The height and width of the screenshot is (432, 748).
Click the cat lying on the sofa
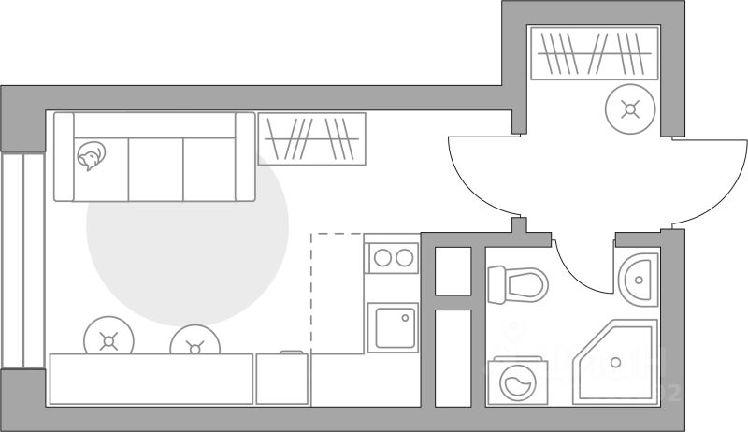point(91,156)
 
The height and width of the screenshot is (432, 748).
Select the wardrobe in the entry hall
point(594,53)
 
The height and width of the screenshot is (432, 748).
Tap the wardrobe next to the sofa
point(311,138)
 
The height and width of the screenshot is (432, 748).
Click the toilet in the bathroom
point(517,283)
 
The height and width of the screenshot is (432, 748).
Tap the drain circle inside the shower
point(616,362)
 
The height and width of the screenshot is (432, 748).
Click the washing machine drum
point(513,383)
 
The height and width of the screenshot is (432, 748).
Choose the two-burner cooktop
point(393,256)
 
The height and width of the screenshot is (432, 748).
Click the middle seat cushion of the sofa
point(154,168)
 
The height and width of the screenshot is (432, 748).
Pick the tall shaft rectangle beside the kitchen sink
point(453,357)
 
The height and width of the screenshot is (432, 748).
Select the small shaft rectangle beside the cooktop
point(453,271)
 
